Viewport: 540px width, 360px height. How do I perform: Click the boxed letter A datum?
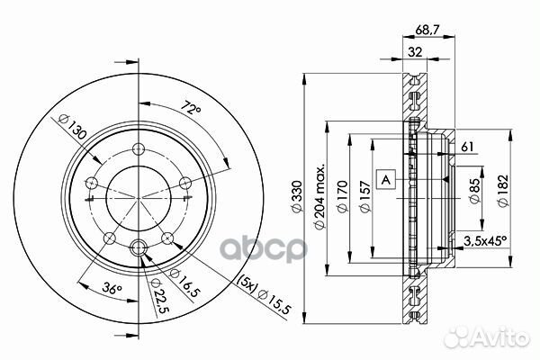385,178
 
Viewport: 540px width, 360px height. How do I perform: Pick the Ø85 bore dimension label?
474,190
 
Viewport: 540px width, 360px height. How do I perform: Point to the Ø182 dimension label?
504,189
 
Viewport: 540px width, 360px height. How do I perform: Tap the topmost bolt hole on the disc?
137,148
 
